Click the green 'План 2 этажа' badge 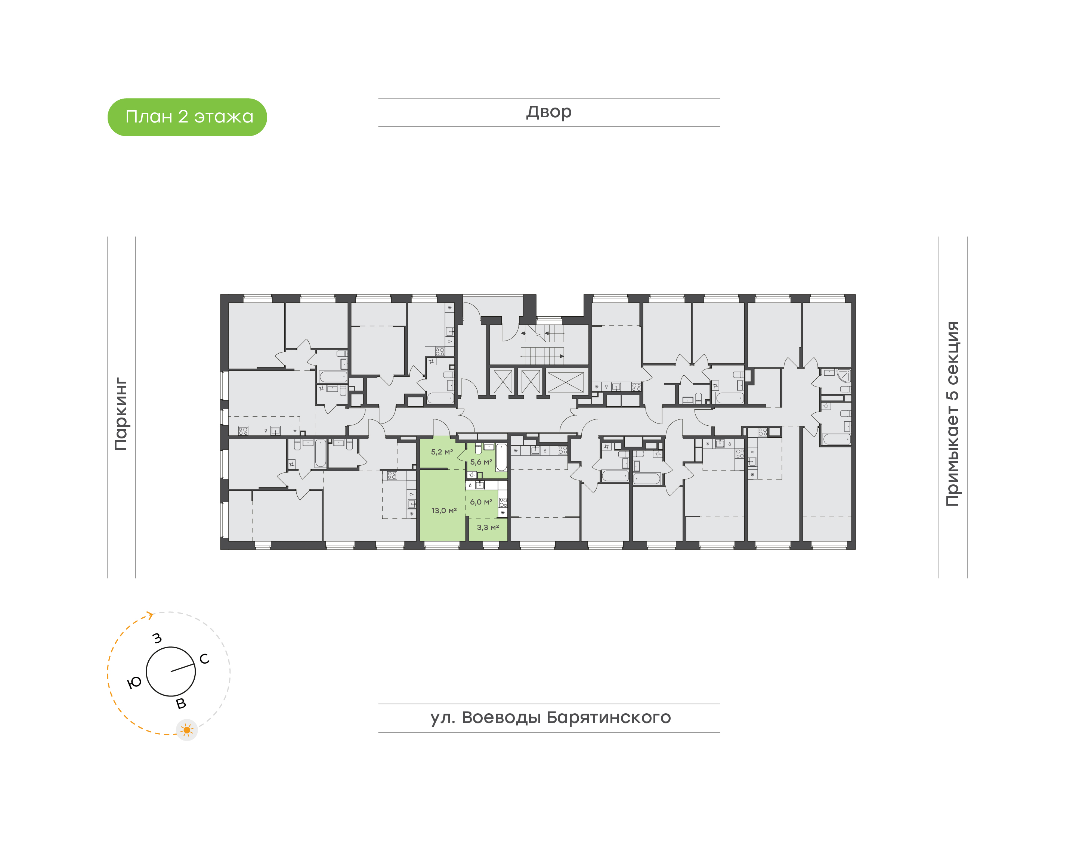pyautogui.click(x=187, y=117)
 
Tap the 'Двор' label pyautogui.click(x=548, y=112)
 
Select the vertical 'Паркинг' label pyautogui.click(x=121, y=414)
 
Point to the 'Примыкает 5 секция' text pyautogui.click(x=952, y=414)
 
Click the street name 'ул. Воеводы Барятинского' pyautogui.click(x=550, y=717)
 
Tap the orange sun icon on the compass pyautogui.click(x=187, y=730)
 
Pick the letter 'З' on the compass pyautogui.click(x=157, y=638)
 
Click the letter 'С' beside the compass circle pyautogui.click(x=204, y=659)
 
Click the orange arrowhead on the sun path pyautogui.click(x=150, y=615)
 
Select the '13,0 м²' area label pyautogui.click(x=443, y=511)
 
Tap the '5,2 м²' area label pyautogui.click(x=441, y=452)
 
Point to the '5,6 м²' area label pyautogui.click(x=481, y=462)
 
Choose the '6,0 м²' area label pyautogui.click(x=481, y=502)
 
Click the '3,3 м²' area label pyautogui.click(x=487, y=527)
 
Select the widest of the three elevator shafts pyautogui.click(x=565, y=382)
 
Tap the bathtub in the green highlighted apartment pyautogui.click(x=501, y=457)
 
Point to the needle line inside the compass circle pyautogui.click(x=182, y=668)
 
